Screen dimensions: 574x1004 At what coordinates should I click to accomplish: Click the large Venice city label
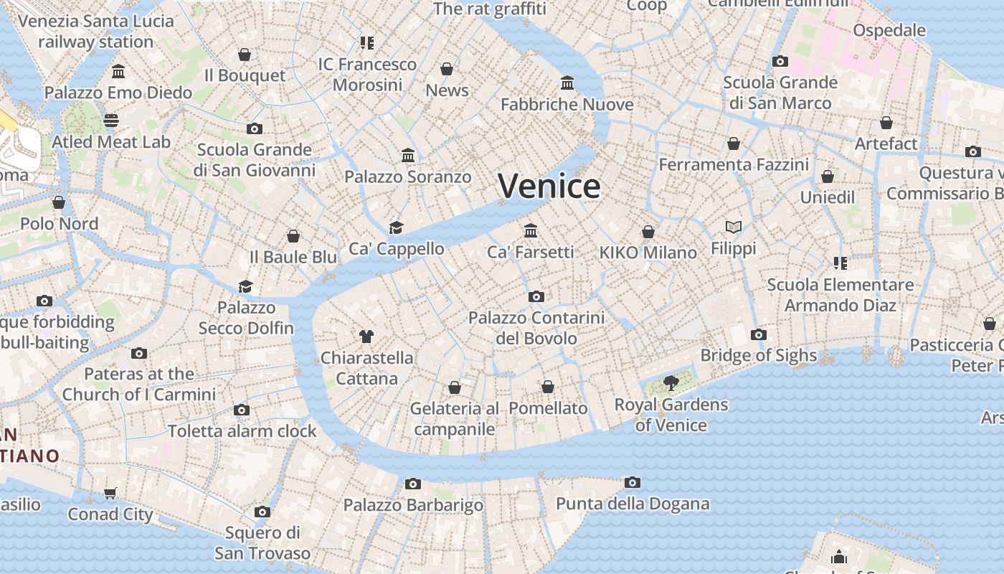pyautogui.click(x=549, y=187)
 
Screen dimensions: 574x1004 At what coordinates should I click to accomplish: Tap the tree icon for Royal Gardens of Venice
pyautogui.click(x=671, y=382)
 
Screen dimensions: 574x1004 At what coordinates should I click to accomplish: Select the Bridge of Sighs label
pyautogui.click(x=758, y=355)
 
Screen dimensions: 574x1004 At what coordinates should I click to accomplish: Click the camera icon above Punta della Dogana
pyautogui.click(x=632, y=482)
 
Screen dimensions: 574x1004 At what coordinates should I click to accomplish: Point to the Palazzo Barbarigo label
pyautogui.click(x=413, y=505)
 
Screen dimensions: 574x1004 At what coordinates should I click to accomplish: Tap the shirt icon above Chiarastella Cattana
pyautogui.click(x=366, y=336)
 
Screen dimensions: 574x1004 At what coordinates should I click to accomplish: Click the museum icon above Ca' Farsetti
pyautogui.click(x=531, y=230)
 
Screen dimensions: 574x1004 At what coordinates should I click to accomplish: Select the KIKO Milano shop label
pyautogui.click(x=648, y=253)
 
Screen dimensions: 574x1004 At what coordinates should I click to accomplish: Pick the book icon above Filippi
pyautogui.click(x=733, y=227)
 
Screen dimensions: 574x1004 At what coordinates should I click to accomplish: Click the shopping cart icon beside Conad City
pyautogui.click(x=110, y=493)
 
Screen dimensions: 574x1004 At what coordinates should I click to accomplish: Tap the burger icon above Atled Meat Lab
pyautogui.click(x=110, y=120)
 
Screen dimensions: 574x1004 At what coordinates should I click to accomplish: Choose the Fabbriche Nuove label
pyautogui.click(x=567, y=105)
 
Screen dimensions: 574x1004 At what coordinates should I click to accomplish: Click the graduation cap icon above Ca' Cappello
pyautogui.click(x=396, y=227)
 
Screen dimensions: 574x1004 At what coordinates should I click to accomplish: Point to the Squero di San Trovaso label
pyautogui.click(x=262, y=543)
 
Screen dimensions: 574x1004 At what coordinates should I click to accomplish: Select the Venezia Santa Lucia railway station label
pyautogui.click(x=96, y=32)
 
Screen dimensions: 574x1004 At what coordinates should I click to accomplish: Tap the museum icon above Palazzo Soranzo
pyautogui.click(x=408, y=155)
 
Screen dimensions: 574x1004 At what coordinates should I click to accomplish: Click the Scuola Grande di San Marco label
pyautogui.click(x=780, y=93)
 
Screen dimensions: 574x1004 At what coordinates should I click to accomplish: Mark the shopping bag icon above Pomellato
pyautogui.click(x=548, y=387)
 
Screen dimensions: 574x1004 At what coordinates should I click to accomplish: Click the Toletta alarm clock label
pyautogui.click(x=242, y=431)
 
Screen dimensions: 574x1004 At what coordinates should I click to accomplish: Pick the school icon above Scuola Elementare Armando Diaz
pyautogui.click(x=840, y=263)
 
